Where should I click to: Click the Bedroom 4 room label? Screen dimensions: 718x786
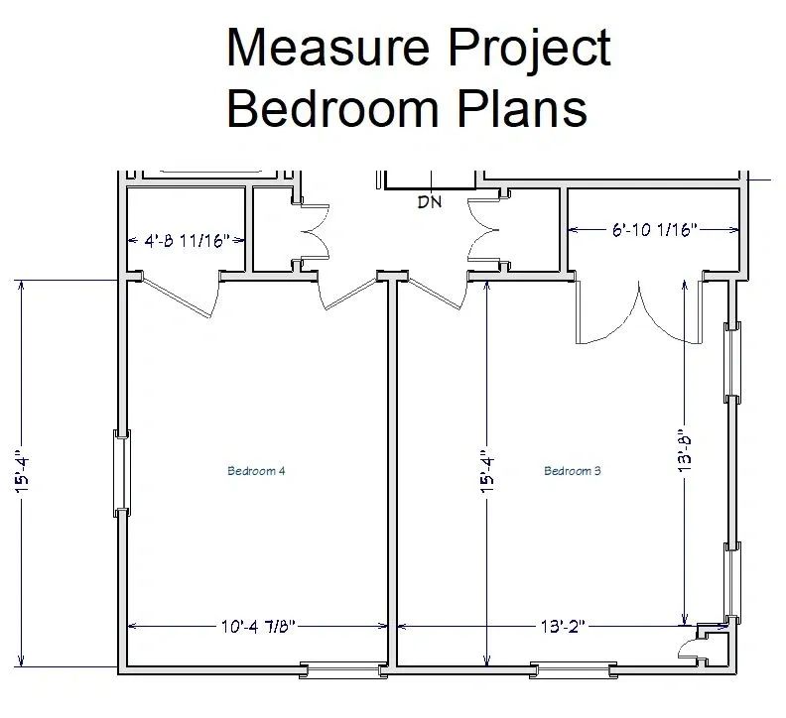(257, 471)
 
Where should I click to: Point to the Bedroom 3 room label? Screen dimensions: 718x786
(573, 471)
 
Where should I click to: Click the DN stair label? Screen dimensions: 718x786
(430, 203)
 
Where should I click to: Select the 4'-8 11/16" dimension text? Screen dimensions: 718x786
(188, 240)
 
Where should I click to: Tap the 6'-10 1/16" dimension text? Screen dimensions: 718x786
(654, 230)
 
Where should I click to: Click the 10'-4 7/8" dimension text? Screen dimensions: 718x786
(257, 626)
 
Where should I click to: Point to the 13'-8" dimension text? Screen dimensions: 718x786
(686, 451)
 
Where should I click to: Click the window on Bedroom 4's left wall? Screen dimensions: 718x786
(122, 473)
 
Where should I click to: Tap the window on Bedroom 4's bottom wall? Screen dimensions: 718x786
(343, 670)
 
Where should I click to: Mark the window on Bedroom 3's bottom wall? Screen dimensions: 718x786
(573, 670)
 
